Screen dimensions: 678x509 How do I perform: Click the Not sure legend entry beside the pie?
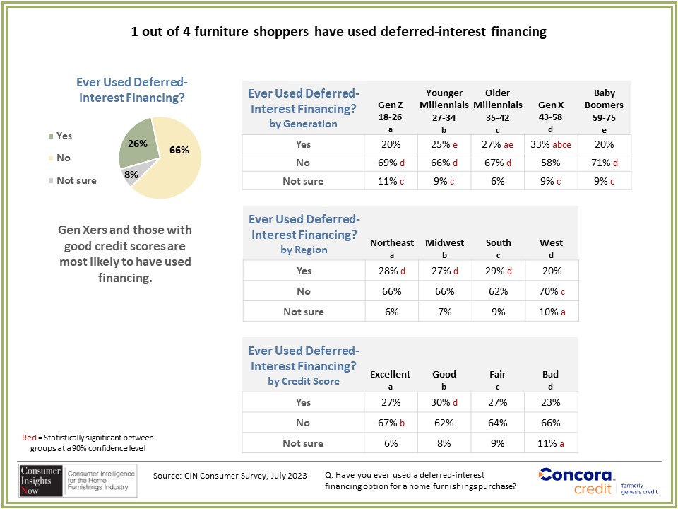73,180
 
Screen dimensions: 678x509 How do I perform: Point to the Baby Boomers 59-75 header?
604,111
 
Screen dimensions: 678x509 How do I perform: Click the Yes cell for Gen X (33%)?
550,144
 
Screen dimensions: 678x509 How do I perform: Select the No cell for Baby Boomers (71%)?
604,163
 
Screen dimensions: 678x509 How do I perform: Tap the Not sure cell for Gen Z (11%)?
391,181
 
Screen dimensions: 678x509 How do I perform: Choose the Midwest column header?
444,247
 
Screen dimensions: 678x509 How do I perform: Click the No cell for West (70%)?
552,291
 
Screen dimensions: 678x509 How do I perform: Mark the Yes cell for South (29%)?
498,271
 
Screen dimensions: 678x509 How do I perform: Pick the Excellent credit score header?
391,379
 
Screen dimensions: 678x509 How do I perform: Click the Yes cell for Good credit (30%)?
444,402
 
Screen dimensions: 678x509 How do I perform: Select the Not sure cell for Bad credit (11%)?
552,443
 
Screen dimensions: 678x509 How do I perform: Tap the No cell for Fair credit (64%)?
498,423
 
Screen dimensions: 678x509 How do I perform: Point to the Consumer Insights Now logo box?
78,481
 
